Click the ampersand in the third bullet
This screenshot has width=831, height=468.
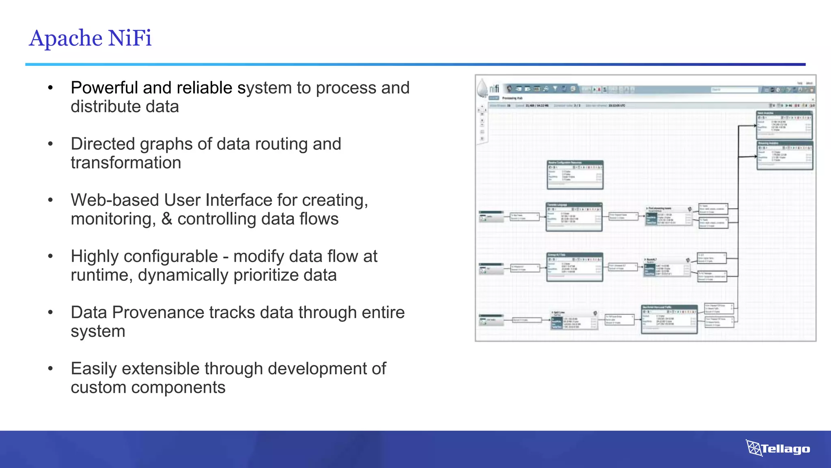166,219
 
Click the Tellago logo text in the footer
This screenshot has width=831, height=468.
786,449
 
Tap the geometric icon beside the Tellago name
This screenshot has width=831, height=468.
753,448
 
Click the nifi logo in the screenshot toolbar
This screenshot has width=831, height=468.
494,89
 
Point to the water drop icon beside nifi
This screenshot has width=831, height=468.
482,88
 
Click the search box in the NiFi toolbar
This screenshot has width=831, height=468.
734,89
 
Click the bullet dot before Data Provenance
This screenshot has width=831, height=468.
50,312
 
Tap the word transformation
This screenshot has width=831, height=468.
126,163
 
